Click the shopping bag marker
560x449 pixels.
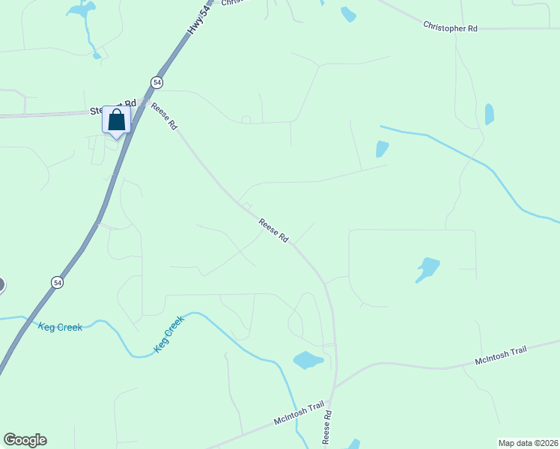tap(116, 120)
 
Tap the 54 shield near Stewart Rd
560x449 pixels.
tap(156, 82)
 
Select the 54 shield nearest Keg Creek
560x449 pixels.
tap(58, 282)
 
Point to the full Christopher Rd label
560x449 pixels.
tap(450, 27)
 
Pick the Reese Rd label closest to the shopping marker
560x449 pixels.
tap(164, 116)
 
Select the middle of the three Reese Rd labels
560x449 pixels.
tap(273, 230)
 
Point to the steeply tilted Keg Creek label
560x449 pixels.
tap(168, 335)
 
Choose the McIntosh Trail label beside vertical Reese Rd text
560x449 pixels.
tap(299, 413)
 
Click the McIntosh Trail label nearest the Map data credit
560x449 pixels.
tap(501, 355)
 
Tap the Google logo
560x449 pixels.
tap(25, 440)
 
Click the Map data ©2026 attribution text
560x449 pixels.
tap(528, 442)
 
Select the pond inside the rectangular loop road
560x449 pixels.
tap(427, 269)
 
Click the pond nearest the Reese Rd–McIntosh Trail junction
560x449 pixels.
tap(308, 360)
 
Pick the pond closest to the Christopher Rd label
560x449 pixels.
tap(489, 114)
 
